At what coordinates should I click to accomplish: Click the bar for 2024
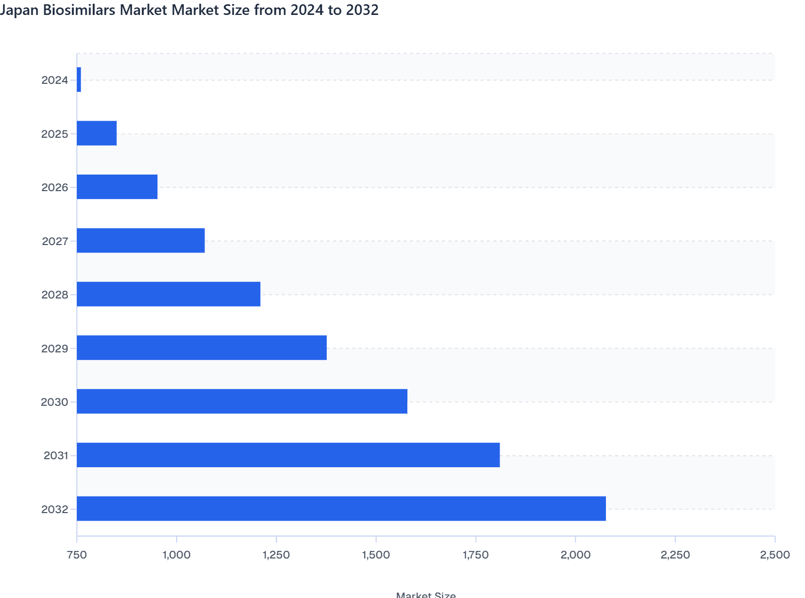(79, 80)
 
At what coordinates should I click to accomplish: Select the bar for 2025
(97, 133)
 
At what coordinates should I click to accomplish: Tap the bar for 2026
(117, 187)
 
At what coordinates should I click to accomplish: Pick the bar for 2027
(140, 240)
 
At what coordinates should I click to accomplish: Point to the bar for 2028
(169, 294)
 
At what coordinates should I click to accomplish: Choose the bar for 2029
(202, 348)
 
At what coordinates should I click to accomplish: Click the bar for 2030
(242, 402)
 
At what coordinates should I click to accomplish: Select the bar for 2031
(288, 455)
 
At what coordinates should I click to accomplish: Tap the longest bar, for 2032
(341, 509)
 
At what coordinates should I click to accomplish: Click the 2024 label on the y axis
(54, 80)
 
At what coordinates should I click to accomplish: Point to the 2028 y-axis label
(54, 295)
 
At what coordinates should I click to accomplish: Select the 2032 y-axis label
(54, 509)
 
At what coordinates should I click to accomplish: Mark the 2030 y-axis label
(54, 402)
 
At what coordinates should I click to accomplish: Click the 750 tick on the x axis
(77, 555)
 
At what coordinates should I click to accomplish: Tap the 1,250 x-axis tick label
(277, 555)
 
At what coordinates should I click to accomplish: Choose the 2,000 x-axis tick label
(575, 555)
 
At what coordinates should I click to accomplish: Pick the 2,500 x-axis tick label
(775, 555)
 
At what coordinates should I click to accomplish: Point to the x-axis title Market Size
(426, 594)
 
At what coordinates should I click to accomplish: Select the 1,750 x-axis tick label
(476, 555)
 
